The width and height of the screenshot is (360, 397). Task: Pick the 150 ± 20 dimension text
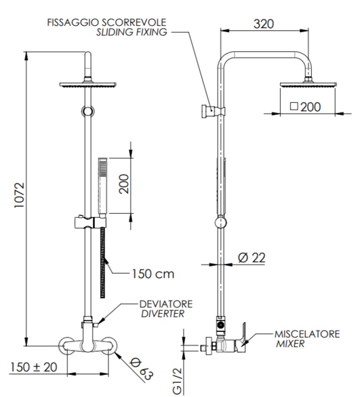tap(33, 366)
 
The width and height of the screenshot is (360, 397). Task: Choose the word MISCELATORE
tap(307, 334)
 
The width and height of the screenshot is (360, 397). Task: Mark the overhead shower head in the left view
tap(88, 85)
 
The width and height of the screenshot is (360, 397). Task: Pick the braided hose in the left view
tap(103, 260)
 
